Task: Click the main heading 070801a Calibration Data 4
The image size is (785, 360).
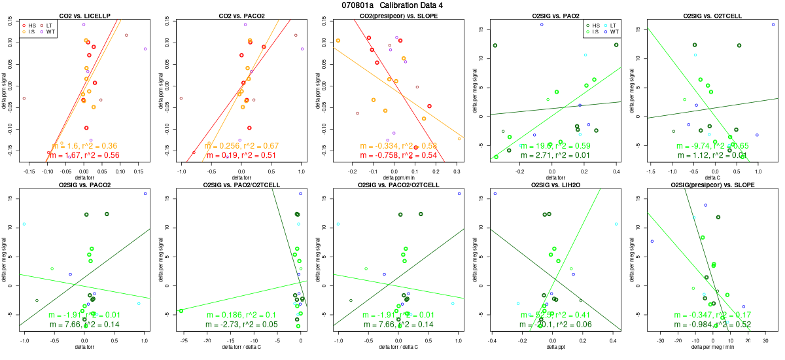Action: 392,5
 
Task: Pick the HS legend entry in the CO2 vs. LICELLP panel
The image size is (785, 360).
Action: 28,25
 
